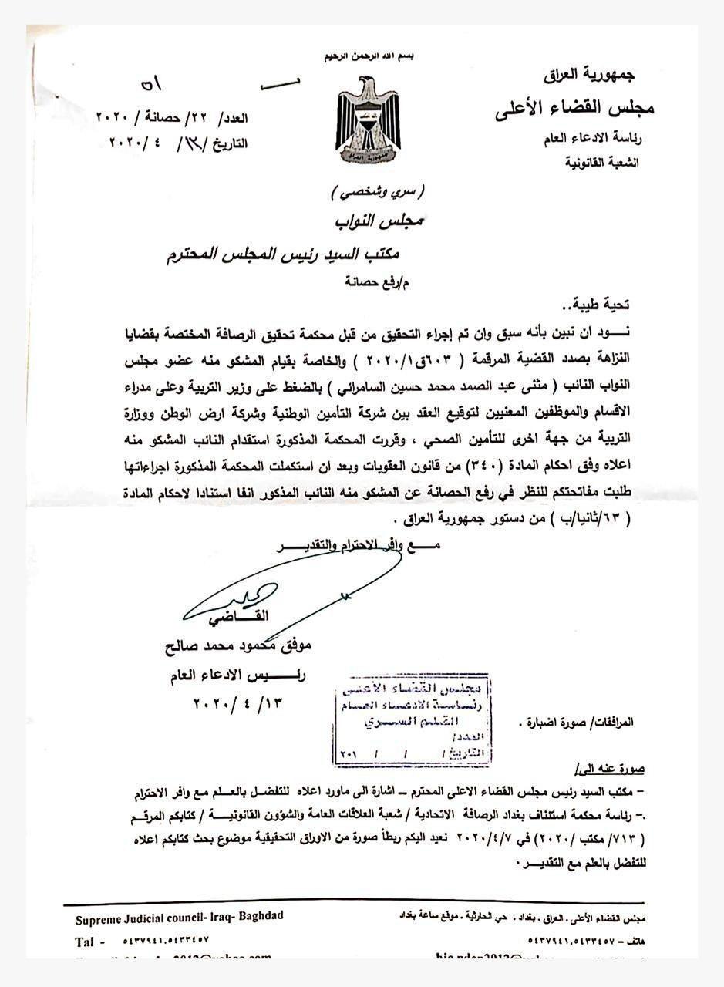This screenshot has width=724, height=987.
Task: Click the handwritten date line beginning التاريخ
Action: pyautogui.click(x=178, y=143)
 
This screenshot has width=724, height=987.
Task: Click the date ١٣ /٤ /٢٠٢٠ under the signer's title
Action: pyautogui.click(x=237, y=703)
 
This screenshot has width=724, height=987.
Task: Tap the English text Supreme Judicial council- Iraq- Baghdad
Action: pyautogui.click(x=180, y=917)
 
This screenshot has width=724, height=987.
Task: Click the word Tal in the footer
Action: pyautogui.click(x=85, y=942)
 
